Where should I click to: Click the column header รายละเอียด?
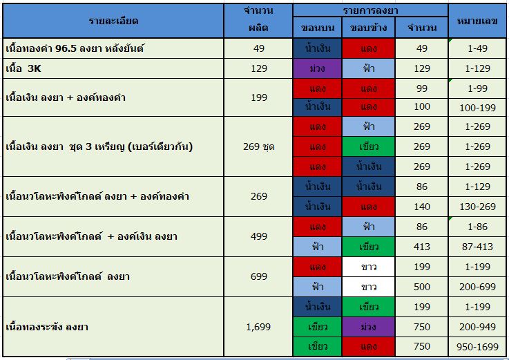113,20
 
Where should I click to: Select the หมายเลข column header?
477,20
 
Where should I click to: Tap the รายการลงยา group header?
370,10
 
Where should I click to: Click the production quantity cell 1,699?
258,327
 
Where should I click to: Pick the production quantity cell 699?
258,276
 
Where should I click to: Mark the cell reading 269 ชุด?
258,146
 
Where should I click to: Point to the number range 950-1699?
477,346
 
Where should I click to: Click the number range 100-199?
477,106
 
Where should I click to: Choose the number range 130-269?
477,207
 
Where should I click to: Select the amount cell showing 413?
422,247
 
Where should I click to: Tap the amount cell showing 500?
422,287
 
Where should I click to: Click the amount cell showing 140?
422,207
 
